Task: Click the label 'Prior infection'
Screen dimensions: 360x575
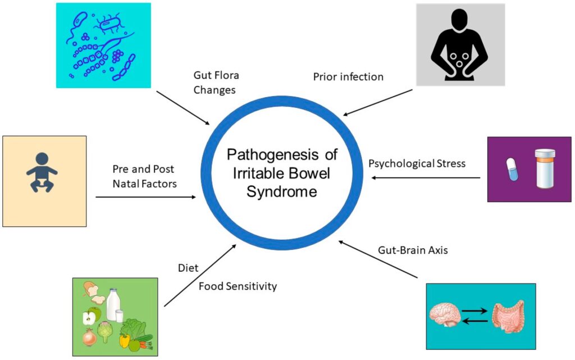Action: (x=348, y=77)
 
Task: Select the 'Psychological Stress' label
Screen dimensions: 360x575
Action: (x=417, y=164)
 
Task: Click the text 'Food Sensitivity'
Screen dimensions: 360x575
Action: (x=238, y=286)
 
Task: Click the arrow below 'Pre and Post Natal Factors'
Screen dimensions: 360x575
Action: (x=146, y=197)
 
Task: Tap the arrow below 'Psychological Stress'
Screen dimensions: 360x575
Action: (x=425, y=179)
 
